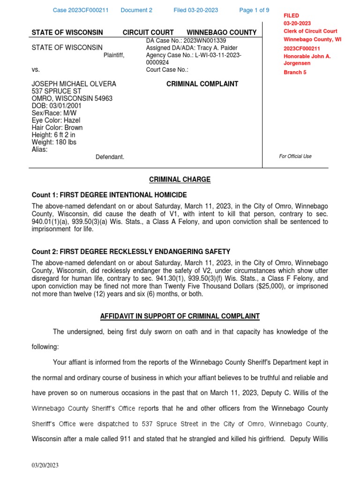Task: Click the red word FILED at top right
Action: (291, 15)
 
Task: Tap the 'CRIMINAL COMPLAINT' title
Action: (202, 84)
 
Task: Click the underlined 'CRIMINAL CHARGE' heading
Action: (180, 180)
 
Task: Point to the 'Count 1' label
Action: (45, 195)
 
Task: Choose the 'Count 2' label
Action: (45, 252)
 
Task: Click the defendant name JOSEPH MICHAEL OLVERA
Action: (74, 84)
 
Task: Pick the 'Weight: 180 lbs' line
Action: (54, 142)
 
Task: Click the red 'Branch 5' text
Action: (295, 73)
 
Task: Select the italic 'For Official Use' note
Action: (295, 156)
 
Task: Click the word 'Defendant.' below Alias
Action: (110, 157)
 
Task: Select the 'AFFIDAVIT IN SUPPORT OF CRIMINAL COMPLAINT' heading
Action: (180, 316)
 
